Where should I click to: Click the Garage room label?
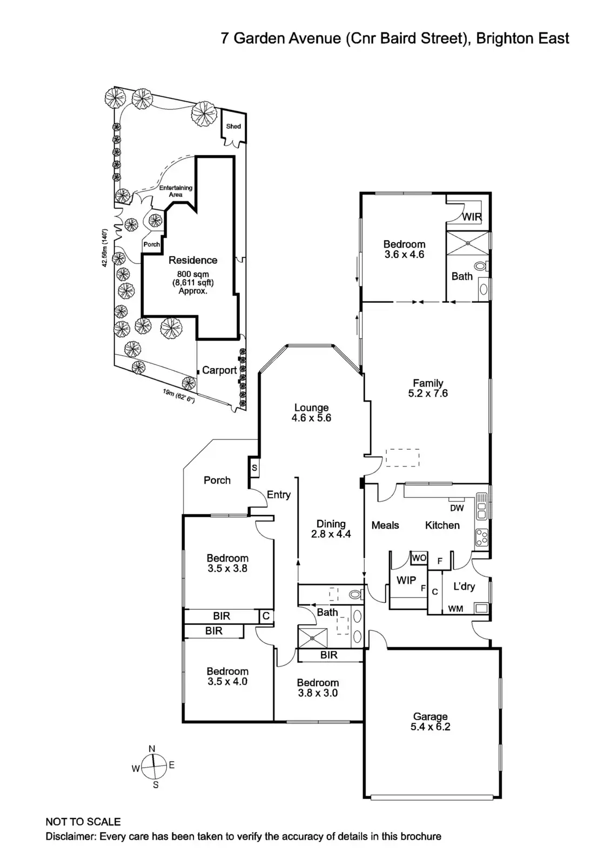tap(430, 717)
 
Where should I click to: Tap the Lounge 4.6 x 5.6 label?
tap(311, 413)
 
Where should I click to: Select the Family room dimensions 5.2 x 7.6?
tap(428, 394)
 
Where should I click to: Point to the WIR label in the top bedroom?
tap(472, 217)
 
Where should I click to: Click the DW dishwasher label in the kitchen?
tap(456, 508)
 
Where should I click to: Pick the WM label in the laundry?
tap(455, 609)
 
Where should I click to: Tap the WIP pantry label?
tap(406, 580)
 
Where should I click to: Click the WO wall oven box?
tap(419, 557)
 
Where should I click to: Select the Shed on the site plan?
tap(233, 127)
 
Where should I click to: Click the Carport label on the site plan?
tap(219, 370)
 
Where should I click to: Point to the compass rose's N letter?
tap(152, 749)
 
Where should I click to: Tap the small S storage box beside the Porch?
tap(254, 468)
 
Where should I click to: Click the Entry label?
tap(279, 495)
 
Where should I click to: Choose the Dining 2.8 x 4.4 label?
tap(331, 529)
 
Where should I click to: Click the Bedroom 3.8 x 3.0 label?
tap(318, 688)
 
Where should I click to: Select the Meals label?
tap(385, 525)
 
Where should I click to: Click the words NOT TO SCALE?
tap(83, 822)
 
